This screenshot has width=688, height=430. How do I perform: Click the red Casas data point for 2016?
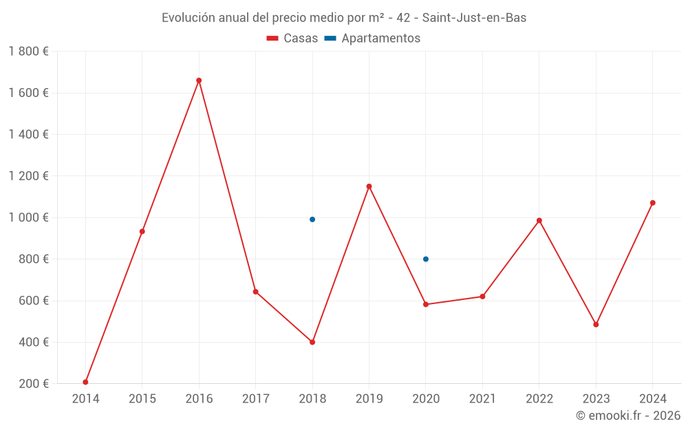click(x=199, y=80)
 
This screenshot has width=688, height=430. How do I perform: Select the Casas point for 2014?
click(x=85, y=382)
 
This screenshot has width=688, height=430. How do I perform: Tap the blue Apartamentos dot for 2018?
click(x=312, y=219)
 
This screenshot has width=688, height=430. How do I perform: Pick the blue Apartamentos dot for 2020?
click(x=426, y=259)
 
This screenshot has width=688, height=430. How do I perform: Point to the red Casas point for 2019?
click(x=369, y=186)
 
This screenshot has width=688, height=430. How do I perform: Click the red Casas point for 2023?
click(x=596, y=325)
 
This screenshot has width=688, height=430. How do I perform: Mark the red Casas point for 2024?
click(x=653, y=203)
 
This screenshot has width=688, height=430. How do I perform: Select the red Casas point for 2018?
click(x=312, y=342)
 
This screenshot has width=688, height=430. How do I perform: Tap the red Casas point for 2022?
click(x=539, y=221)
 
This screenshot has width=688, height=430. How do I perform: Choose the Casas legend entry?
click(x=292, y=39)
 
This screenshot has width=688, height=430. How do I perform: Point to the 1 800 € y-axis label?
click(x=28, y=52)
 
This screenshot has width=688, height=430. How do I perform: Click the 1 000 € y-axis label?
click(x=28, y=217)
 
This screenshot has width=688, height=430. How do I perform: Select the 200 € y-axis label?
click(x=32, y=384)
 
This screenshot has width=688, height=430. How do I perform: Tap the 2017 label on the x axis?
click(x=256, y=399)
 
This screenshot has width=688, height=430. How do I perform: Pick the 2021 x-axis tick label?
click(x=482, y=399)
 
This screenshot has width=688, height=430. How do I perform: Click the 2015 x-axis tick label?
click(x=142, y=399)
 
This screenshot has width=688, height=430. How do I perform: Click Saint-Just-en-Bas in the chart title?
click(x=474, y=18)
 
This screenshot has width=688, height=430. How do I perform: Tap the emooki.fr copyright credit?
click(x=628, y=416)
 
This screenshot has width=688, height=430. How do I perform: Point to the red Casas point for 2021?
click(x=482, y=297)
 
